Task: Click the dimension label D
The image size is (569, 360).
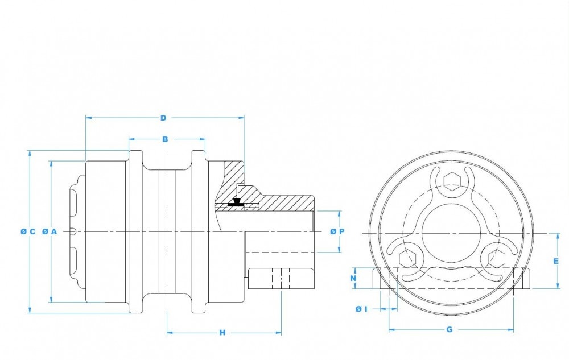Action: click(x=163, y=118)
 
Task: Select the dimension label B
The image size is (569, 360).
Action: click(x=165, y=139)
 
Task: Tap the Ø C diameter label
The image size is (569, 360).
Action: click(x=28, y=231)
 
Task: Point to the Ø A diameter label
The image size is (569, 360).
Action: click(x=50, y=231)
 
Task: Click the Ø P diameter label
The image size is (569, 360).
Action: click(x=337, y=231)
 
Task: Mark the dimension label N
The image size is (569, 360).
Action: click(x=353, y=279)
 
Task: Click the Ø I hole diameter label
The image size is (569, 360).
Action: click(x=361, y=308)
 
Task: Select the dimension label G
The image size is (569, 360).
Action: click(x=450, y=330)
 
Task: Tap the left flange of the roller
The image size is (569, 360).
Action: click(x=135, y=231)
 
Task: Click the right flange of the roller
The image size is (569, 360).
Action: click(x=198, y=231)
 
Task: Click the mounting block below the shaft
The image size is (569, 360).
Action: click(x=281, y=279)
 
